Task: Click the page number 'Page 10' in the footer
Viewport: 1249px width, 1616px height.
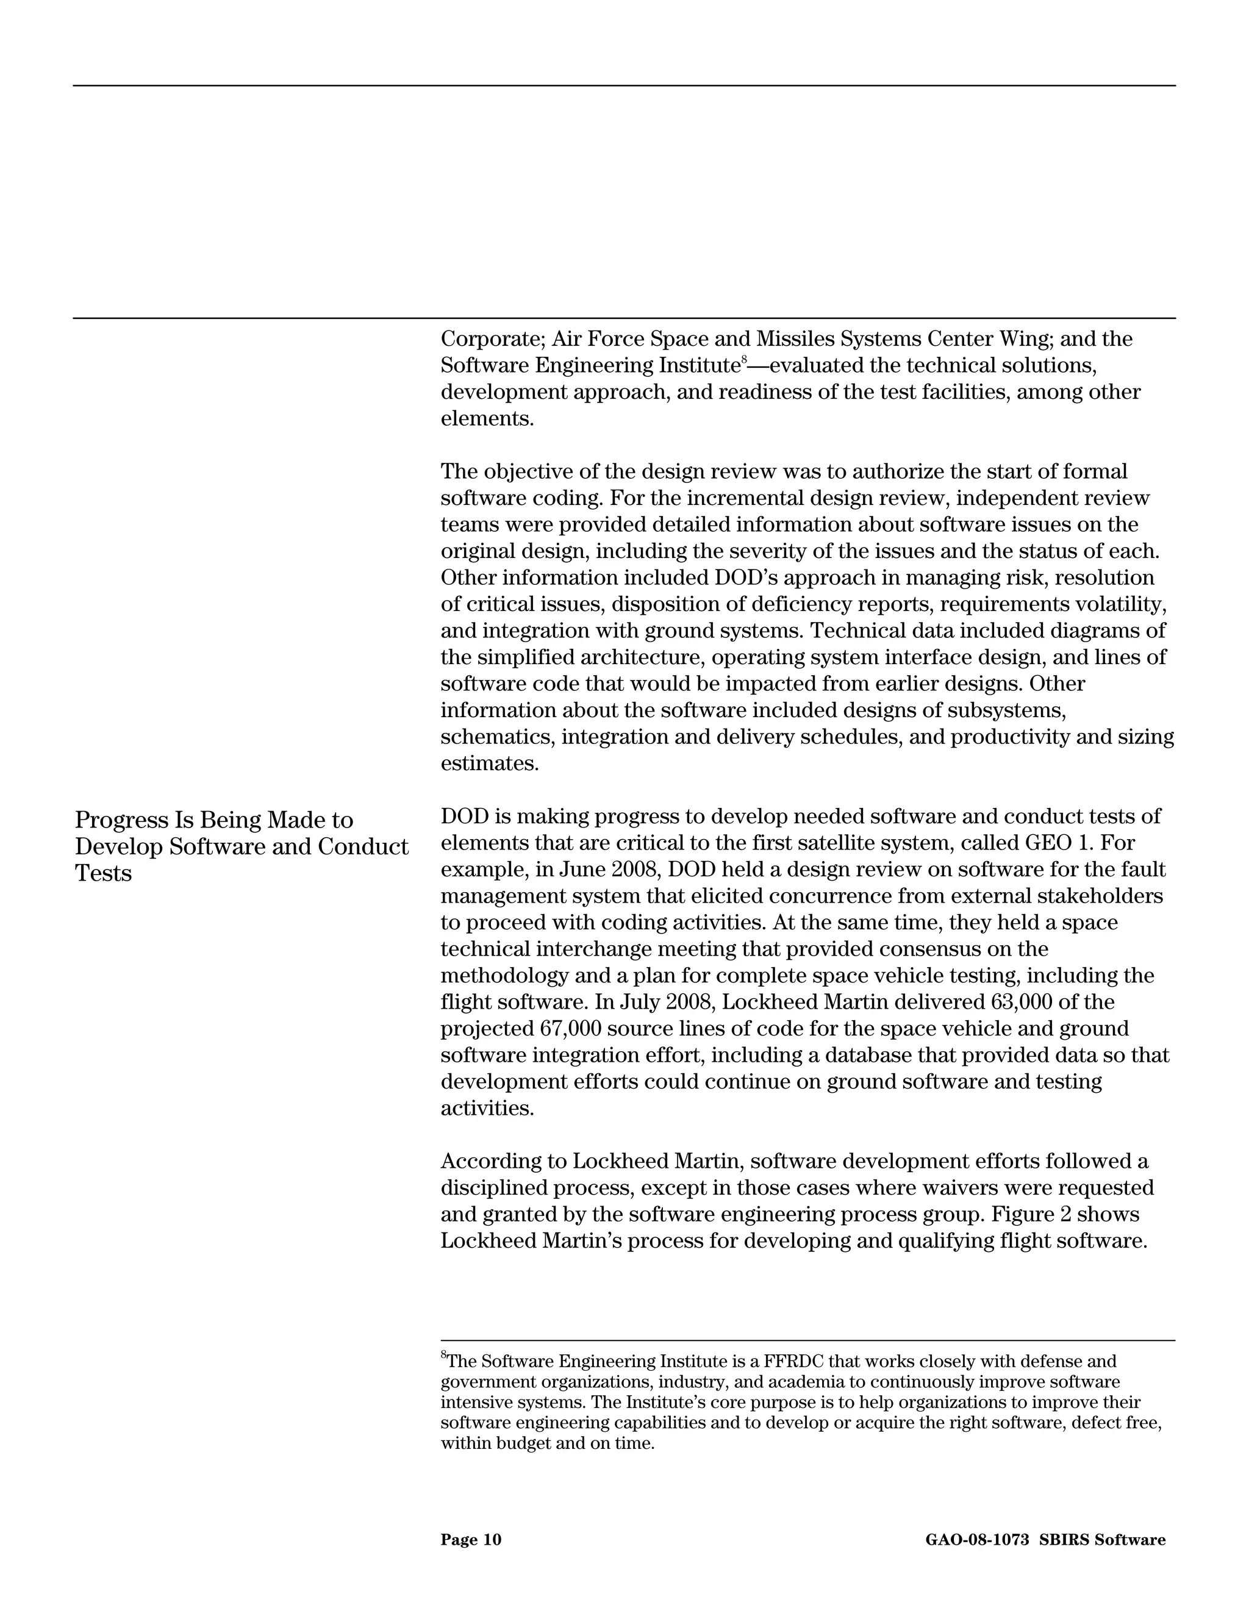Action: coord(471,1540)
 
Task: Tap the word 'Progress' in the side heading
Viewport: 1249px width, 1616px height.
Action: coord(121,821)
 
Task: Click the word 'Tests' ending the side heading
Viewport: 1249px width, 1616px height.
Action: coord(103,874)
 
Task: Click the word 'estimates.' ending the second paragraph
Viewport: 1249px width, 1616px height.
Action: coord(490,763)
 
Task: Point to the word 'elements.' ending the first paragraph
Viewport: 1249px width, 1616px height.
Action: coord(487,419)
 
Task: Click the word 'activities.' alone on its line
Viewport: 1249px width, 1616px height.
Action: coord(487,1109)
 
